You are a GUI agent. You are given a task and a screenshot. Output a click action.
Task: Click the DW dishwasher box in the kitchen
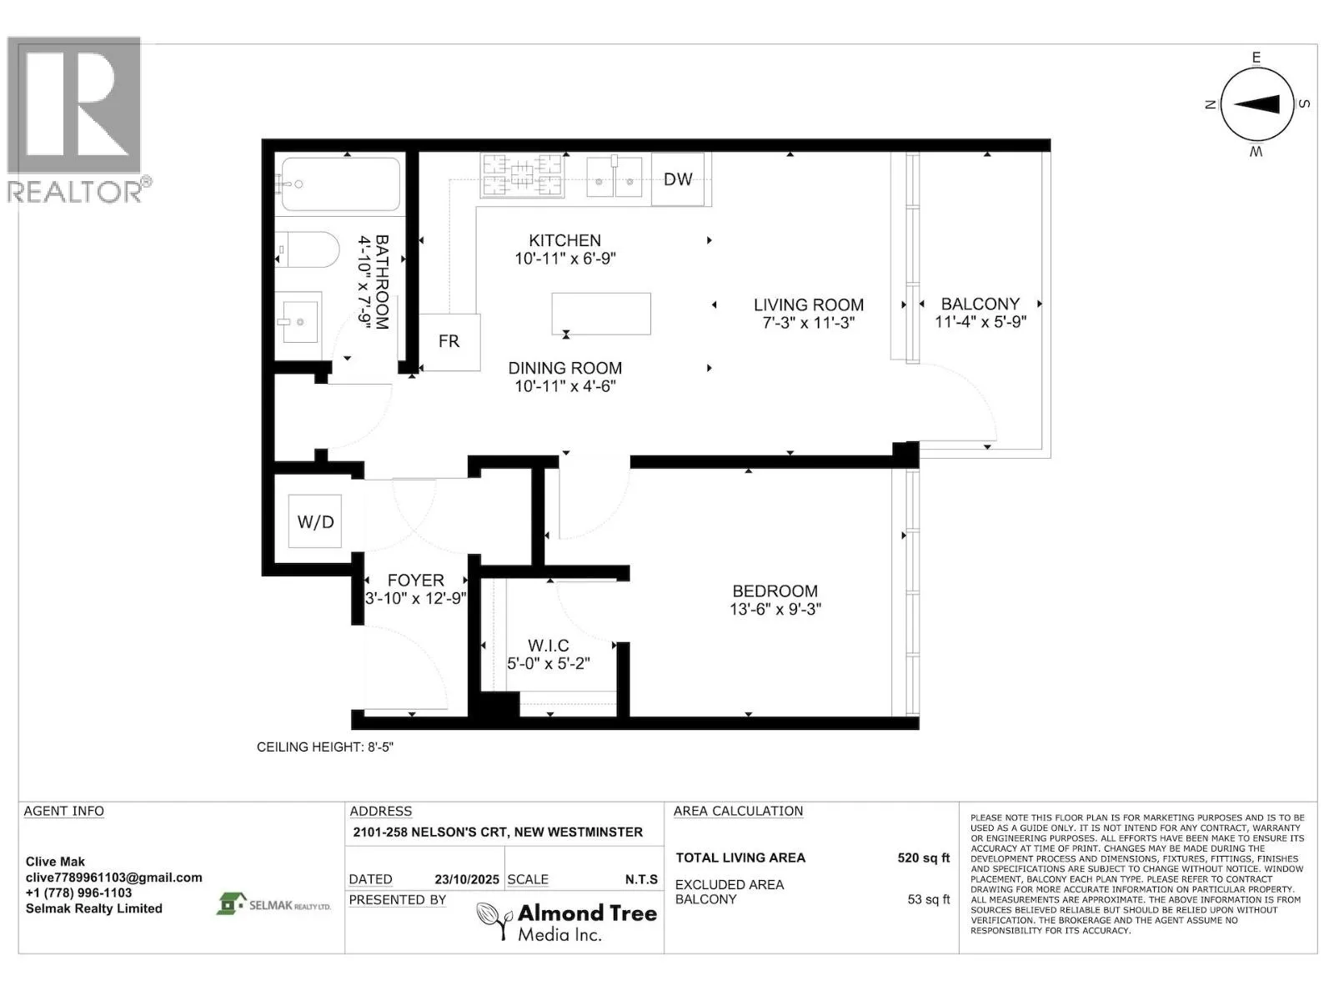tap(678, 179)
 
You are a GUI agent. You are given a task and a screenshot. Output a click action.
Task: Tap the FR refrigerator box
tap(449, 342)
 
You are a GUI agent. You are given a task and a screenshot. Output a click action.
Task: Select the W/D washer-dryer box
tap(315, 521)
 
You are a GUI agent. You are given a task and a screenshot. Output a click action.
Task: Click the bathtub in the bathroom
tap(340, 184)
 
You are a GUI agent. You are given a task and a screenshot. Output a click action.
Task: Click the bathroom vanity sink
tap(298, 321)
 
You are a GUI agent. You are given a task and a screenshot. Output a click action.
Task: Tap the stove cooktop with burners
tap(522, 175)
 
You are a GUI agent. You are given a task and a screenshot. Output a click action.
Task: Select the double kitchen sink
tap(614, 177)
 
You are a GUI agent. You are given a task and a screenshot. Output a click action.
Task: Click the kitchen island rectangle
tap(601, 314)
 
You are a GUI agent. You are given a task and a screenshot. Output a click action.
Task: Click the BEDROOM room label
tap(775, 591)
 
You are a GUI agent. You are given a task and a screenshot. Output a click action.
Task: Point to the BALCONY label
tap(980, 304)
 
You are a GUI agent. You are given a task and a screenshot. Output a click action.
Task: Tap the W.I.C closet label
tap(548, 646)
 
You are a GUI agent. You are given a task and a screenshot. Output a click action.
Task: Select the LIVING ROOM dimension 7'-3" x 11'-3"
tap(808, 323)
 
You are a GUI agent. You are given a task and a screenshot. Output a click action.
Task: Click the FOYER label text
tap(416, 581)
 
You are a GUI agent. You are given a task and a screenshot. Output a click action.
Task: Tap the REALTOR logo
tap(76, 119)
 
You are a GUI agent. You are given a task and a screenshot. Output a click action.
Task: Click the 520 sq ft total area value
tap(923, 858)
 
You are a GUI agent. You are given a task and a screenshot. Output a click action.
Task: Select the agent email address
tap(113, 878)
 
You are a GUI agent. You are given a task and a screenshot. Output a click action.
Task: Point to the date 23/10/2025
tap(467, 879)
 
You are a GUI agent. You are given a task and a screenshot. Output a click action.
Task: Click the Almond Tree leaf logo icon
tap(494, 920)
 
